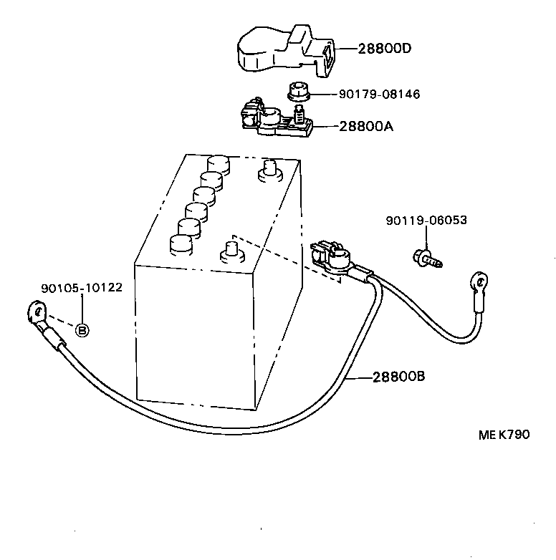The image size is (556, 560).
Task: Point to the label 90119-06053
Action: pos(426,221)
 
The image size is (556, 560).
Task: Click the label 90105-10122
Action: pos(82,288)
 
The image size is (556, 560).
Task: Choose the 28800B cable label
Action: pos(399,375)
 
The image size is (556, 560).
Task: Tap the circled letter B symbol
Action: pos(82,330)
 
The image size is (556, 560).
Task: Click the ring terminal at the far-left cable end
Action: pos(35,312)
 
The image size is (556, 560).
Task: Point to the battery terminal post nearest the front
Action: pos(231,251)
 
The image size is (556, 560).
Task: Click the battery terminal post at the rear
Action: pos(270,170)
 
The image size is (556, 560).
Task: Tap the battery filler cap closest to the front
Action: pos(181,243)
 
